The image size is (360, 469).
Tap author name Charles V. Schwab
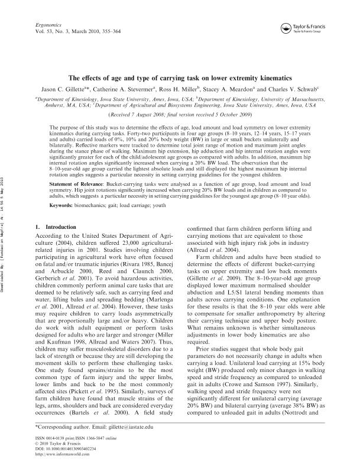tap(307, 89)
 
